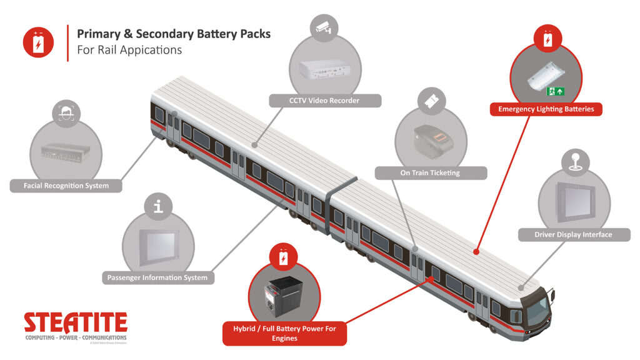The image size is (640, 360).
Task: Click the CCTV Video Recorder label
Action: pos(324,101)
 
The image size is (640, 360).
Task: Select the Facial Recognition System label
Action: pos(66,186)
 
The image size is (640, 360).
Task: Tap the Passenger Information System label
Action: pos(157,277)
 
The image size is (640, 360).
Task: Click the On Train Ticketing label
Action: pos(430,173)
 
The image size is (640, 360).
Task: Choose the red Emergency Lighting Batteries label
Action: pos(546,109)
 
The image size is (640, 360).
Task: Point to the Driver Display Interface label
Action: pos(573,235)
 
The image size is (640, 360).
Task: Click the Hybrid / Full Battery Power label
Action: pos(284,333)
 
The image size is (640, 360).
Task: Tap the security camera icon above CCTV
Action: pos(324,29)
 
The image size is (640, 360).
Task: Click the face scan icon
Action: pos(66,114)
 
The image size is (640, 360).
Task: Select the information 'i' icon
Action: pos(158,206)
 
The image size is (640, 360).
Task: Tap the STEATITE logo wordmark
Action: pos(75,323)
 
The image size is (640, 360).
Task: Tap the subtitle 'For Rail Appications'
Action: pos(129,50)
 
